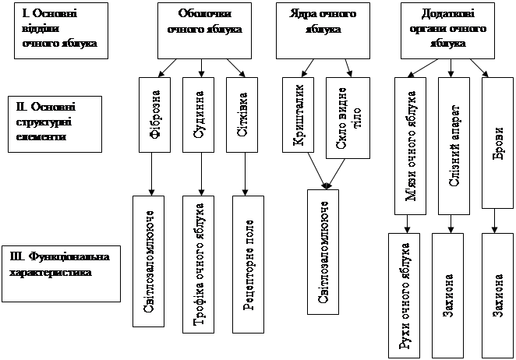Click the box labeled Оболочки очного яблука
coord(205,30)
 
